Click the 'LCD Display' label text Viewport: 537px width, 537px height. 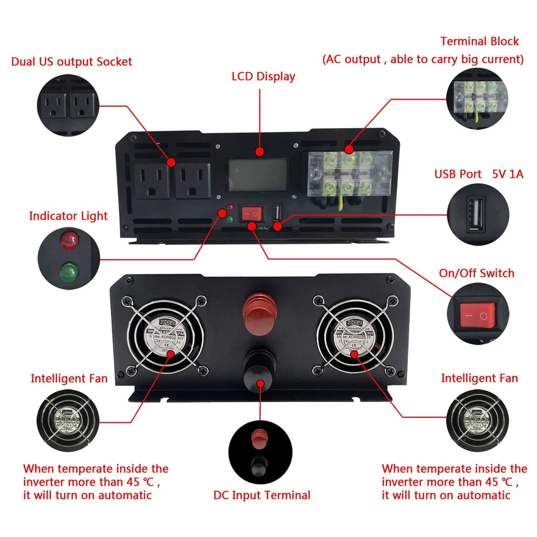(x=263, y=76)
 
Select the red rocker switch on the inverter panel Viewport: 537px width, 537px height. (x=252, y=213)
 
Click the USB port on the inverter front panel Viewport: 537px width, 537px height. (x=277, y=213)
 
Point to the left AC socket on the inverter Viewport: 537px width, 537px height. (x=151, y=180)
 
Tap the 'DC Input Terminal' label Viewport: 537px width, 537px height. (x=262, y=495)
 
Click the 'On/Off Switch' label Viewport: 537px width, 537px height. (x=477, y=274)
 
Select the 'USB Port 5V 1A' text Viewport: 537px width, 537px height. (x=479, y=174)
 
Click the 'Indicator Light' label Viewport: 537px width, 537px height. (x=68, y=216)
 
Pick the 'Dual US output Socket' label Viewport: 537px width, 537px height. (x=72, y=62)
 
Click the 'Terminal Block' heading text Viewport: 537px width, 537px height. (x=479, y=41)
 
